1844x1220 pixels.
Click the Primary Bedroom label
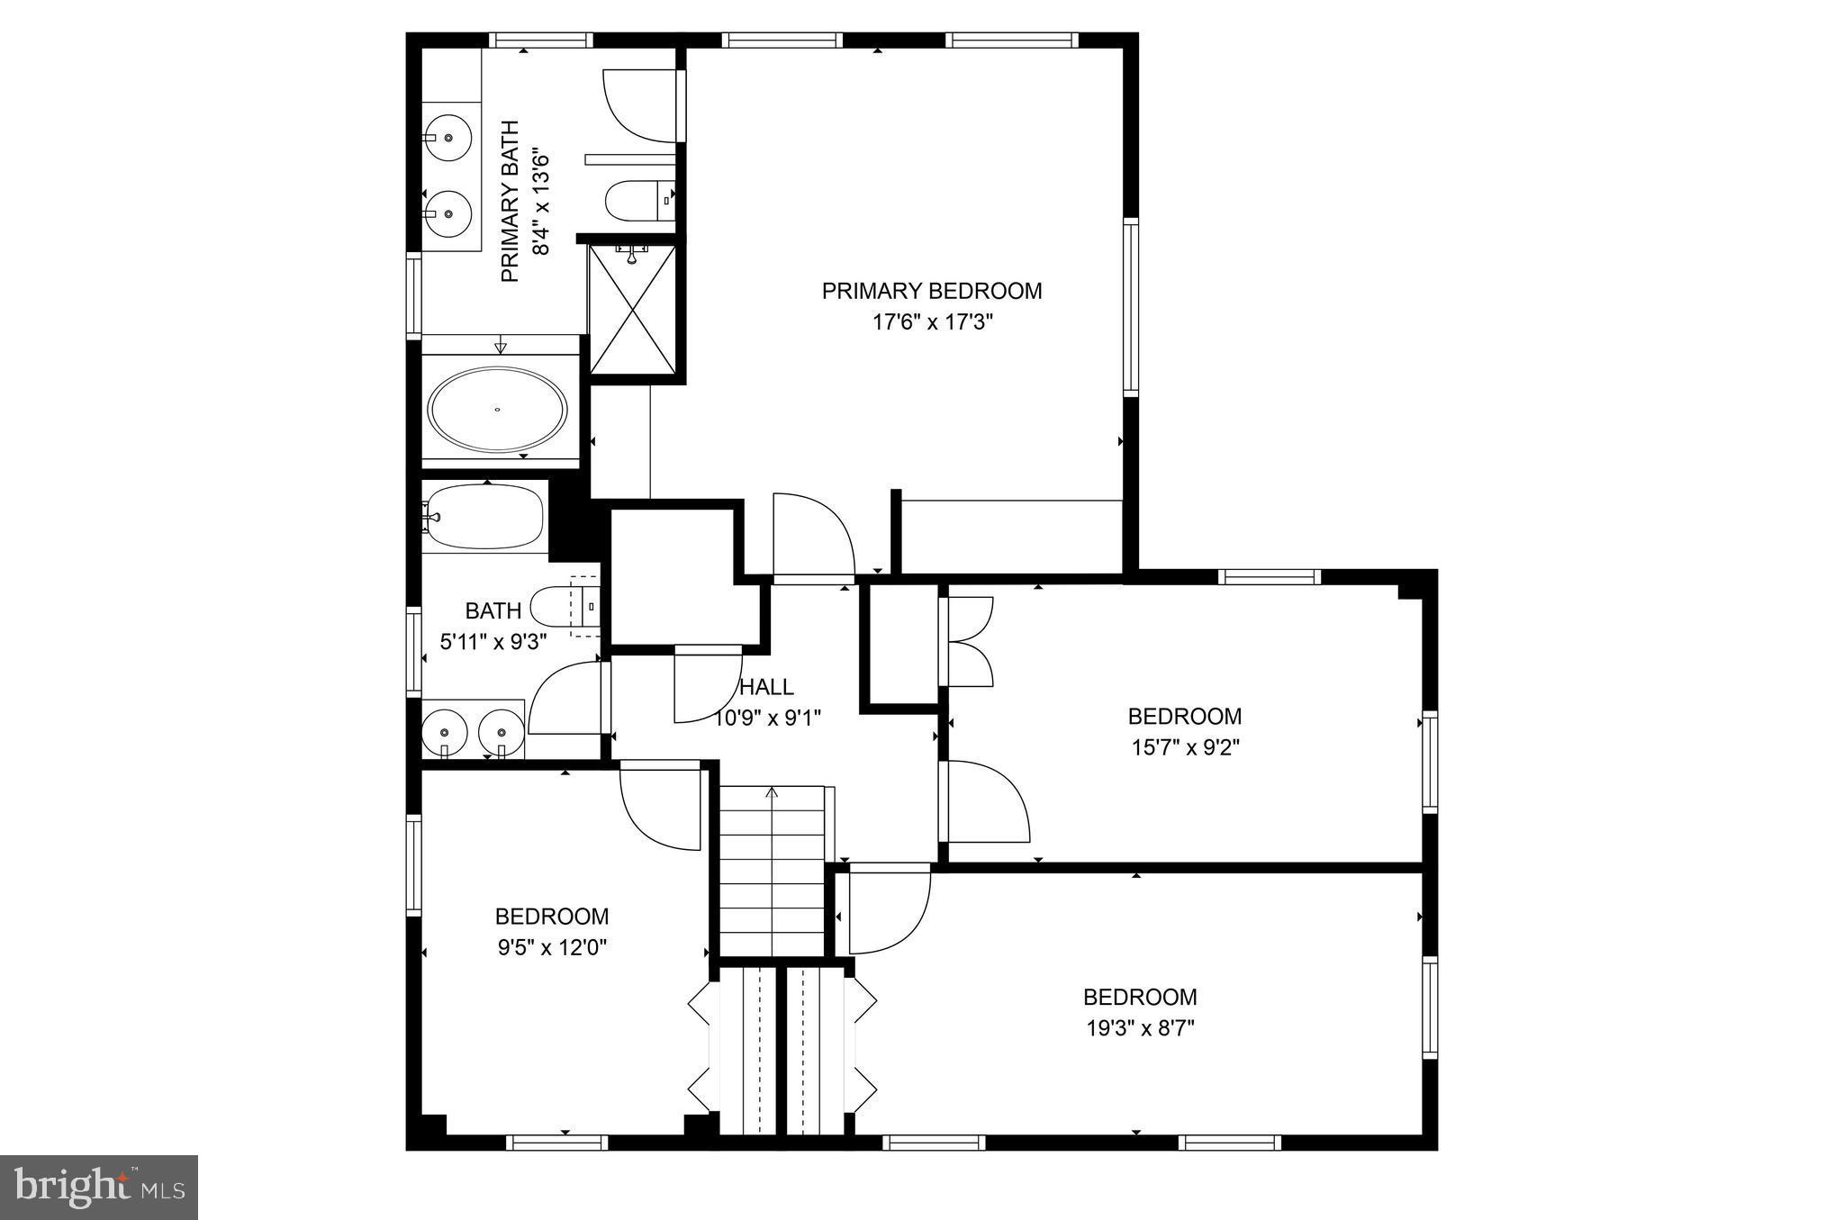click(932, 291)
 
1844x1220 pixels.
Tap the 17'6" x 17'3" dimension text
click(932, 322)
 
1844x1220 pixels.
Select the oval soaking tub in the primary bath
click(497, 409)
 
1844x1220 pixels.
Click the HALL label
click(767, 687)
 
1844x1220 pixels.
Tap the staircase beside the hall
click(772, 869)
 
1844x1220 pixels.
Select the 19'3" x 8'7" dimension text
click(1140, 1028)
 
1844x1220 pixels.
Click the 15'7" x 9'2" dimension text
click(1185, 747)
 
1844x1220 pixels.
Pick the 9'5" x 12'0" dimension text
click(551, 947)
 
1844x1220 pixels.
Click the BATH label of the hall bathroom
click(493, 611)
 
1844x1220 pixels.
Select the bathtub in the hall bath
click(484, 517)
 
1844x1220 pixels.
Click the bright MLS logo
click(99, 1188)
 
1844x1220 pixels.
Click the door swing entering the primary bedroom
click(811, 535)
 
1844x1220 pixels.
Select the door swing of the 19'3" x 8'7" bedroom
click(888, 908)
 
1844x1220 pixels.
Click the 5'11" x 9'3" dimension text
click(493, 642)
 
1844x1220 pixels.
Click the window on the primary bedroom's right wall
click(1130, 306)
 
